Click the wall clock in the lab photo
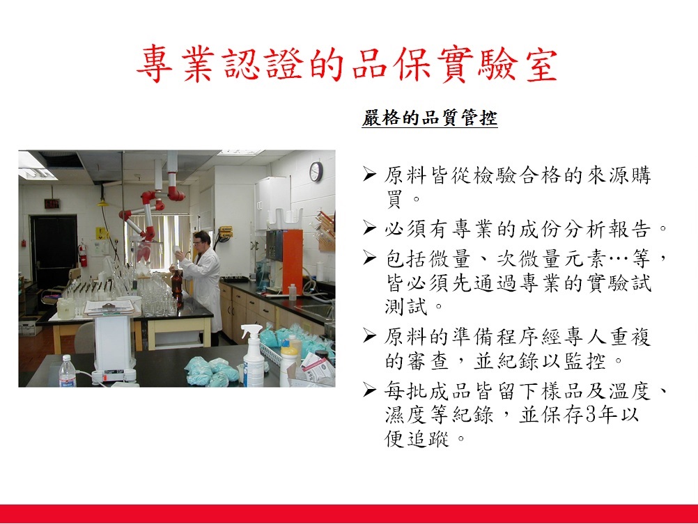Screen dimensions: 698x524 pyautogui.click(x=316, y=172)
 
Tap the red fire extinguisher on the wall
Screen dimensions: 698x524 pyautogui.click(x=82, y=255)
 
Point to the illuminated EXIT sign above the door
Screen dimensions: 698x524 pyautogui.click(x=52, y=204)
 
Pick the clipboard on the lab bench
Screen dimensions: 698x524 pyautogui.click(x=109, y=306)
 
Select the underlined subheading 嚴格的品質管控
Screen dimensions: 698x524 pyautogui.click(x=430, y=118)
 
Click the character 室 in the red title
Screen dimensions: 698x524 pyautogui.click(x=542, y=65)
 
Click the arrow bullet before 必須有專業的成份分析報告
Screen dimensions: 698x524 pyautogui.click(x=369, y=228)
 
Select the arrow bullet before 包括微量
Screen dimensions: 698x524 pyautogui.click(x=369, y=257)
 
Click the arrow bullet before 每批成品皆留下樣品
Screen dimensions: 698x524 pyautogui.click(x=369, y=390)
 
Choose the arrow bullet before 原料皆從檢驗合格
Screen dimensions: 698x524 pyautogui.click(x=369, y=174)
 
